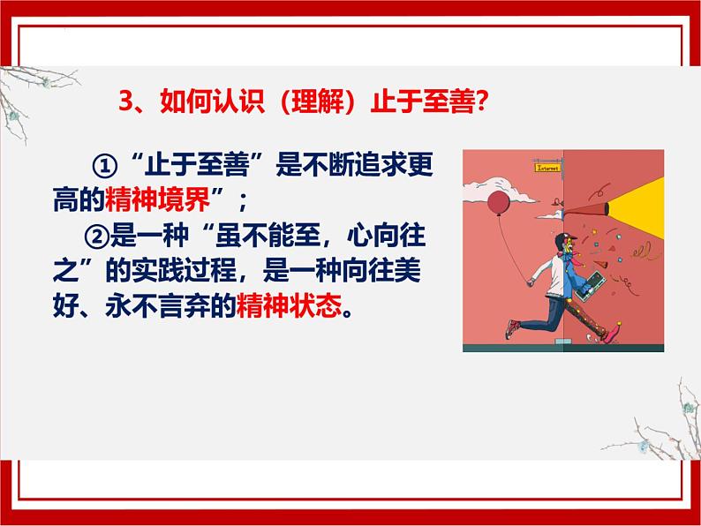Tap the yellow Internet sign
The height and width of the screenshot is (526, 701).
pos(549,165)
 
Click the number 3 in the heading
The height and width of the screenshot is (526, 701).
pos(125,101)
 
